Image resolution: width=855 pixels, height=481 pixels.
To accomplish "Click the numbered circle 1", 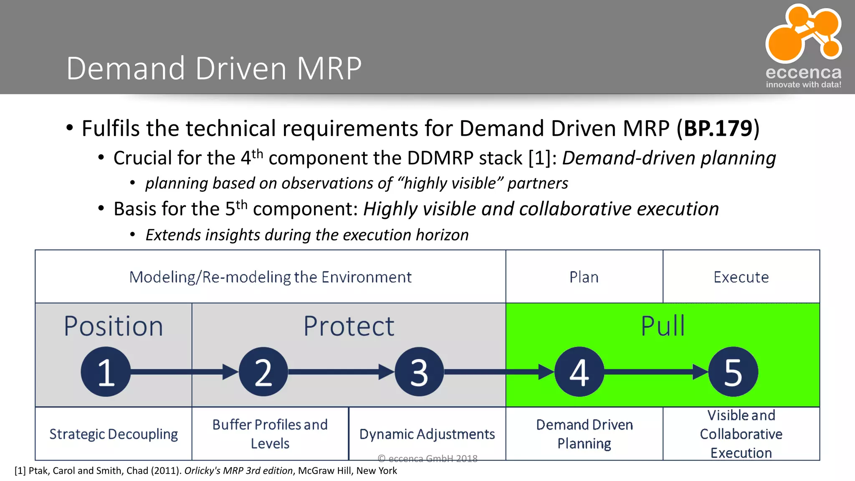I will pyautogui.click(x=106, y=372).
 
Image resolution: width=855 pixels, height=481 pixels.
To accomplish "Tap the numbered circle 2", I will pyautogui.click(x=263, y=372).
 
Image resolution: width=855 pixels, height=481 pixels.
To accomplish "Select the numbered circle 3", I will pyautogui.click(x=419, y=372).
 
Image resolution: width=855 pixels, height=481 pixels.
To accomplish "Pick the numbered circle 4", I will pyautogui.click(x=579, y=372).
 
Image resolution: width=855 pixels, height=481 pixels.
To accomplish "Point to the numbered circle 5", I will pyautogui.click(x=733, y=372).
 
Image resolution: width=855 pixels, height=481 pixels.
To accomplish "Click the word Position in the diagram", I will pyautogui.click(x=113, y=326).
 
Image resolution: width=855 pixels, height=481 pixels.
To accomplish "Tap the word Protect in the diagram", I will pyautogui.click(x=349, y=326).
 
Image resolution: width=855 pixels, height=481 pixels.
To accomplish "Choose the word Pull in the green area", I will pyautogui.click(x=663, y=326).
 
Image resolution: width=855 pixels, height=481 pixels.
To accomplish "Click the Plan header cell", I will pyautogui.click(x=584, y=277).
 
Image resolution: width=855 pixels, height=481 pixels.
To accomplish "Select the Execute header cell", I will pyautogui.click(x=741, y=277).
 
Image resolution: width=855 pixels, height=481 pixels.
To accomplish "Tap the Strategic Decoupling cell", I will pyautogui.click(x=114, y=434).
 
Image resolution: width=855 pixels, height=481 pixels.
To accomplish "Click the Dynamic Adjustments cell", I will pyautogui.click(x=427, y=434).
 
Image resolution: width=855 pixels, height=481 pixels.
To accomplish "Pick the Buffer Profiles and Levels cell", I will pyautogui.click(x=270, y=434).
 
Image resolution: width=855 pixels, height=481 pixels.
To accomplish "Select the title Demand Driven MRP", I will pyautogui.click(x=214, y=68).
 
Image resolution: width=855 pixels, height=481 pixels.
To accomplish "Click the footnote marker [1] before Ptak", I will pyautogui.click(x=20, y=471).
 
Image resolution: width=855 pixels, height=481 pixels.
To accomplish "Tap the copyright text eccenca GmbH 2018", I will pyautogui.click(x=427, y=458).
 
